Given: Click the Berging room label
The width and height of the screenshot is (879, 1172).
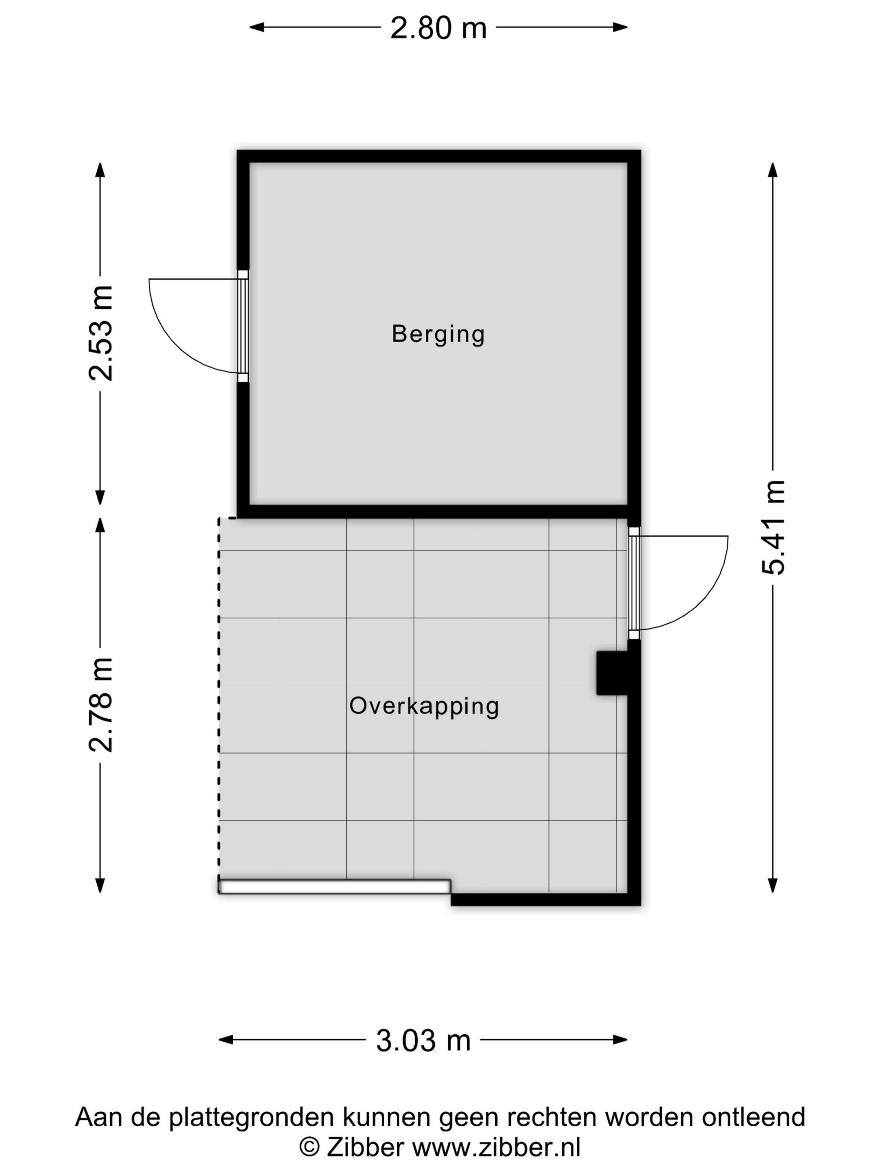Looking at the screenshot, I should pos(438,334).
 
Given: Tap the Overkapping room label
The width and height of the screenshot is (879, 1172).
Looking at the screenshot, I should pos(424,706).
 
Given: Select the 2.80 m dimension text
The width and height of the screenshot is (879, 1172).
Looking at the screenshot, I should pos(438,28).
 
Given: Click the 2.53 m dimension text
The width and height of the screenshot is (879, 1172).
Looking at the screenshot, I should pos(101,333).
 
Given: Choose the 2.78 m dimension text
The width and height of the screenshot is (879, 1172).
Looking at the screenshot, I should pos(101,705).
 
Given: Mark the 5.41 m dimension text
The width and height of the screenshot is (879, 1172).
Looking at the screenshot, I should pos(773,527).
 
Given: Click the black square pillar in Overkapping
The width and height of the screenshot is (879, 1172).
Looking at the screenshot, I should pos(611,673).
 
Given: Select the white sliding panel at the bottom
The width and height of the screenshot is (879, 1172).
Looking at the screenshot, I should pos(334,887).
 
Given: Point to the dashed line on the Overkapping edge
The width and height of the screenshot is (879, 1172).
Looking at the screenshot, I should pos(219,689).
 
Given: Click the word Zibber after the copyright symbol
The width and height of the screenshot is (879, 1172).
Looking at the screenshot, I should pos(365,1147).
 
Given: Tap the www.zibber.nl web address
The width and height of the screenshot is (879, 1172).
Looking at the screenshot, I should pos(496,1147).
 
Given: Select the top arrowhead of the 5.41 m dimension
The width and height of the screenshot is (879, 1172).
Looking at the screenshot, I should pos(773,170).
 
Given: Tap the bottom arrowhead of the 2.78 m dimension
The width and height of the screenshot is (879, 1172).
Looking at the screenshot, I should pos(100,885).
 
